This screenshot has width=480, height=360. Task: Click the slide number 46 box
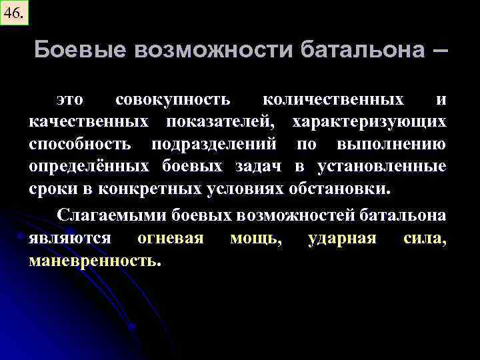15,12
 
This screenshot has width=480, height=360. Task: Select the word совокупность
173,100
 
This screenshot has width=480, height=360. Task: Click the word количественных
333,100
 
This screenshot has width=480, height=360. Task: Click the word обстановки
346,188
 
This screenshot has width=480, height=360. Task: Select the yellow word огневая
170,238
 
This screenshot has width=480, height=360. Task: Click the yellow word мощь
255,238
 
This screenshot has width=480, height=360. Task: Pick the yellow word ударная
342,238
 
